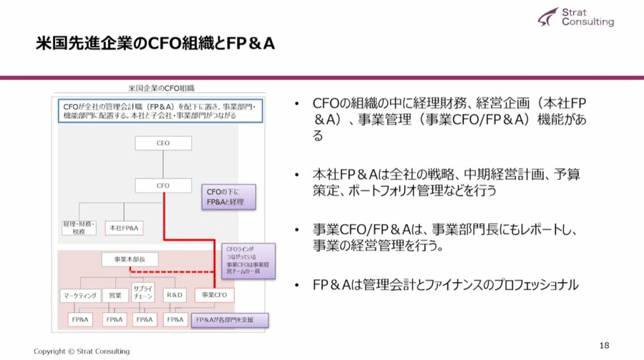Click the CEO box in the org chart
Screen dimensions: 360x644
pyautogui.click(x=162, y=143)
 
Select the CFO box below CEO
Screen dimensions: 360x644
pyautogui.click(x=162, y=185)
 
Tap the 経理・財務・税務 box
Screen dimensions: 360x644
pyautogui.click(x=78, y=228)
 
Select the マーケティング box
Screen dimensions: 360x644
pyautogui.click(x=78, y=295)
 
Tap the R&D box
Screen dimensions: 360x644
pyautogui.click(x=175, y=295)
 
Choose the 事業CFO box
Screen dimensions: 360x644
pyautogui.click(x=214, y=295)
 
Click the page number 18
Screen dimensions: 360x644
pyautogui.click(x=604, y=346)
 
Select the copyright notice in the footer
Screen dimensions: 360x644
pyautogui.click(x=82, y=351)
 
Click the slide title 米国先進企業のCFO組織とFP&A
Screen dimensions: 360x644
pyautogui.click(x=155, y=44)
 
